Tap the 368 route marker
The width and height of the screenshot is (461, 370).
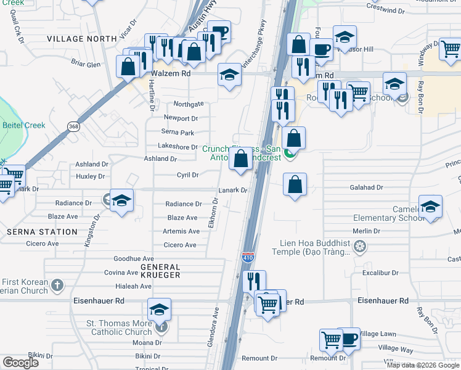point(73,126)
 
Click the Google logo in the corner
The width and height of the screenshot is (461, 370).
point(20,363)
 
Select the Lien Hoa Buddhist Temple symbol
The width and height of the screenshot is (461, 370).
point(360,247)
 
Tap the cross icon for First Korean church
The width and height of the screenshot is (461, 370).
point(57,285)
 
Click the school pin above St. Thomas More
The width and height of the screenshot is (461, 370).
point(159,310)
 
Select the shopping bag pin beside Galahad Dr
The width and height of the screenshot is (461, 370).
point(295,184)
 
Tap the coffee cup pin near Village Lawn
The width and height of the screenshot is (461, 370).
point(349,339)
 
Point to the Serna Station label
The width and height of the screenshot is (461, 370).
point(43,232)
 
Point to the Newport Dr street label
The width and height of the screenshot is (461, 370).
point(180,118)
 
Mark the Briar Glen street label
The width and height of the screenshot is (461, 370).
point(85,64)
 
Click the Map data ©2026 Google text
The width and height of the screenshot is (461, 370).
point(422,365)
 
